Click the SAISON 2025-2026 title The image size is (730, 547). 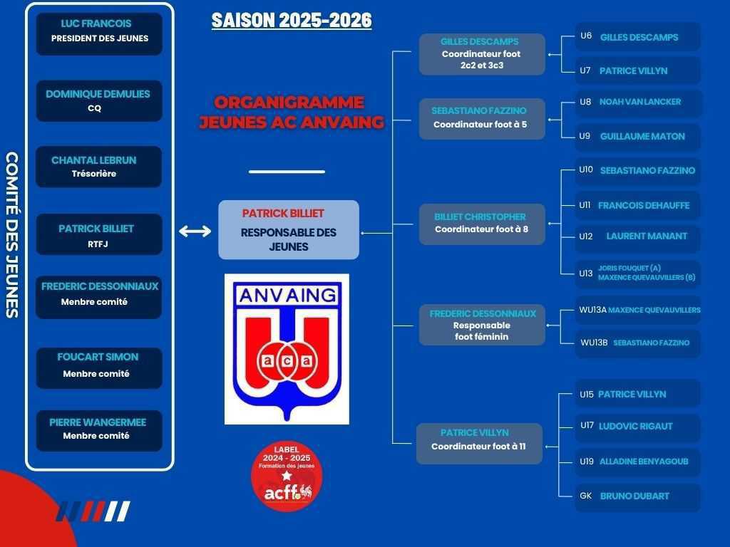coord(292,21)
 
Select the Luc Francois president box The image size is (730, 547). coord(99,34)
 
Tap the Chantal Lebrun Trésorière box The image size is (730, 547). coord(98,167)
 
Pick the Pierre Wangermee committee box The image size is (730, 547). coord(99,431)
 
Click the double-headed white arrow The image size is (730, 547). coord(195,231)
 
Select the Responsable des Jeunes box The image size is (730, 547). coord(289,230)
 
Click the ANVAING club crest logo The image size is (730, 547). coord(287,349)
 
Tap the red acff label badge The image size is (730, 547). coord(287,476)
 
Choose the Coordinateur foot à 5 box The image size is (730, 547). coord(482,119)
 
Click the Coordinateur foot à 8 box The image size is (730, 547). coord(482,224)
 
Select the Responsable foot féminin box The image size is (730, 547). coord(482,325)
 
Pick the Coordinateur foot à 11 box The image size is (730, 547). coord(479,444)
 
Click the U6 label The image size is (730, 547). coord(586,36)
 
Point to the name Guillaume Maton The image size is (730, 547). coord(642,136)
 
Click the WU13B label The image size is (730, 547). coord(594,343)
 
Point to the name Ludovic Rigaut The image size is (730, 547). coord(635,426)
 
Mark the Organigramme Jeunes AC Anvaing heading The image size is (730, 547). coord(292,112)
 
